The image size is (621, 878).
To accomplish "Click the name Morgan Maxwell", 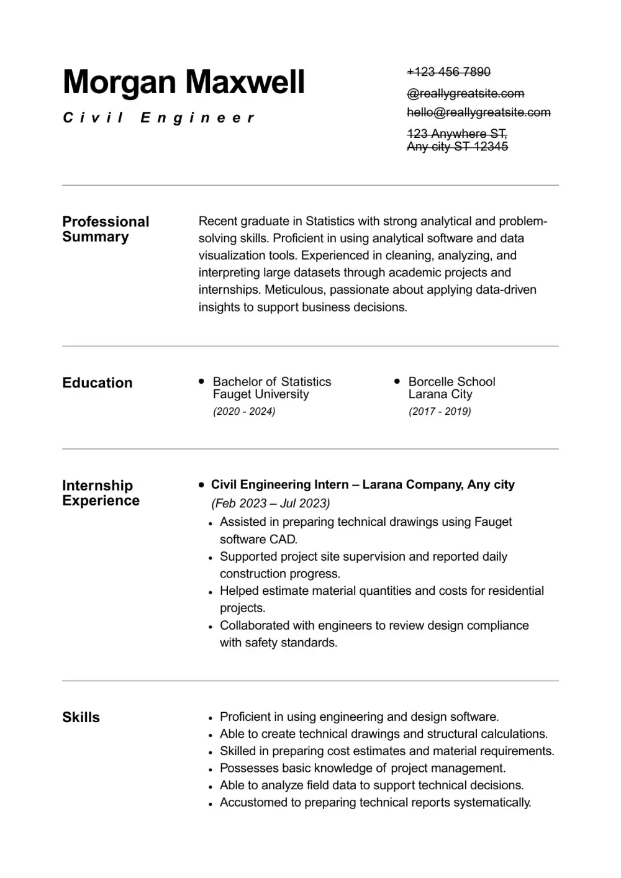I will (184, 82).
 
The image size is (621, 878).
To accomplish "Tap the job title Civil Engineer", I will (159, 117).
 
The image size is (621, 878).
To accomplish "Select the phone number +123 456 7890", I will (448, 72).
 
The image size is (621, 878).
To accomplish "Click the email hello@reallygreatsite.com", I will (478, 112).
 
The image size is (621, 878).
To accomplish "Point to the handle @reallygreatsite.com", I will (465, 94).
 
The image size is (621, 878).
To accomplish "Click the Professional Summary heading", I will (106, 229).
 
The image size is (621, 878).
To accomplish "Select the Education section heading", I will (97, 382).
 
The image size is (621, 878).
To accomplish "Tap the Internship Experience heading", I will (101, 493).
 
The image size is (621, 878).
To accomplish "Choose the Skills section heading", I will (81, 717).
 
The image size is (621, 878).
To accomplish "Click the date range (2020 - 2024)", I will (244, 411).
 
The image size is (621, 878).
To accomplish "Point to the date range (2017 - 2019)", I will (440, 411).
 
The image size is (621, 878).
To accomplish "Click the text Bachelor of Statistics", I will (272, 381).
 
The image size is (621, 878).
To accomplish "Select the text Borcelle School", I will (451, 381).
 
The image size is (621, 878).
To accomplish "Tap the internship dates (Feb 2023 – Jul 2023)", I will (271, 503).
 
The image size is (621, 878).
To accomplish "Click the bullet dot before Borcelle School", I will (397, 381).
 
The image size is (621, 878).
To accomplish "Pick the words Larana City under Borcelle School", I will (440, 394).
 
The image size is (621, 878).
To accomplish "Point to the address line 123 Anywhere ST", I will (456, 134).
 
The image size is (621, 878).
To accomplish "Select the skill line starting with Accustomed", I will (375, 802).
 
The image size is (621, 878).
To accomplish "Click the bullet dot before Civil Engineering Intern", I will (201, 484).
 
